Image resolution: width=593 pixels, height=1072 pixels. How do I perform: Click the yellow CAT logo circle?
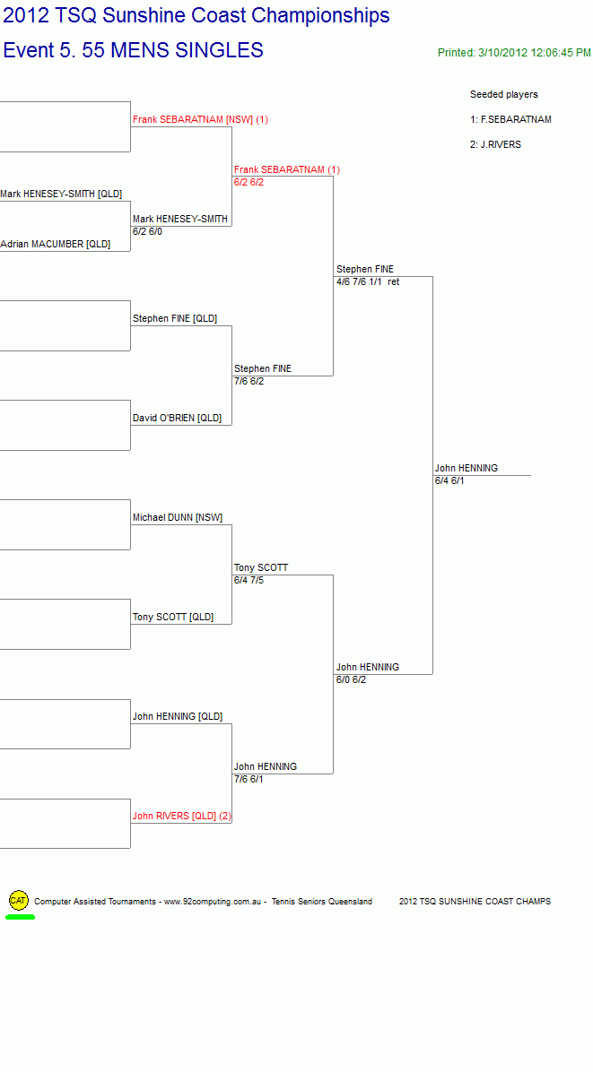19,901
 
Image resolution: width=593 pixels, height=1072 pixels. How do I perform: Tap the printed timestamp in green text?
514,53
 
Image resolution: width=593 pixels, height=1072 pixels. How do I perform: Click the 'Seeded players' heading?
504,94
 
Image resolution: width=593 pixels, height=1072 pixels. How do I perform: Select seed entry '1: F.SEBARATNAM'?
511,119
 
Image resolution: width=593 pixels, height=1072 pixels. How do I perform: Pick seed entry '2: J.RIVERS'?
496,144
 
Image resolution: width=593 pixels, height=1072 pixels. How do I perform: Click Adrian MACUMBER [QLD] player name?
56,244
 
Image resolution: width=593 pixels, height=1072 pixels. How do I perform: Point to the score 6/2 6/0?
148,232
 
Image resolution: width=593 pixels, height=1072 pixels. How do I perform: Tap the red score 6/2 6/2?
249,182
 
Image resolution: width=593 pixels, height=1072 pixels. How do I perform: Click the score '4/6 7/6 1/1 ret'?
368,281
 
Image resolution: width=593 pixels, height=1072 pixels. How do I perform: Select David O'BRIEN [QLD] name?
177,418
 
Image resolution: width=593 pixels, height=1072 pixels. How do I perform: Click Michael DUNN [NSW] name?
178,517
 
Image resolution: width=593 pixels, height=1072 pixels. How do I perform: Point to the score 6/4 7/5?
249,581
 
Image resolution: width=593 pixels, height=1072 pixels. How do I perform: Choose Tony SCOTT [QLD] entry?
173,618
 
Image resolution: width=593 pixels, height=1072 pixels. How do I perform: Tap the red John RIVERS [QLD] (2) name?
182,816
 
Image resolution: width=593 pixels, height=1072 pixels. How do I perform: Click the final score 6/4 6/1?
449,480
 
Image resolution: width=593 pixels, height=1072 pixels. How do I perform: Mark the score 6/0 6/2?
351,679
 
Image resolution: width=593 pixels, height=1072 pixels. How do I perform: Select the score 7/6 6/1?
249,780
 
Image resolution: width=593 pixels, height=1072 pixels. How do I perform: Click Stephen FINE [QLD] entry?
175,318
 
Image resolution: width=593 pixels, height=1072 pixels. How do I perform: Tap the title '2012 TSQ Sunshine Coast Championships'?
196,16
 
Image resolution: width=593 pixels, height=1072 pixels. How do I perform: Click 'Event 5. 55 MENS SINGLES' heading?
134,50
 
